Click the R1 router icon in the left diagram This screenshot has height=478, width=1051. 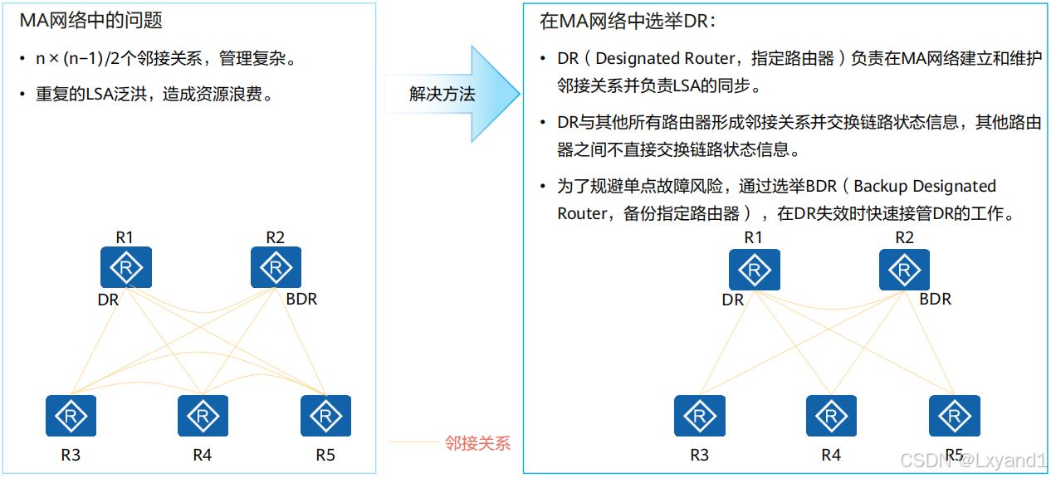[126, 267]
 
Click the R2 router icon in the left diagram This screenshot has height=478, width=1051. [276, 267]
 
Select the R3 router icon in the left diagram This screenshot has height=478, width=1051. [71, 416]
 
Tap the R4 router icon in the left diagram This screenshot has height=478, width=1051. [203, 416]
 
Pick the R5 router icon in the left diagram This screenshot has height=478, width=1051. [325, 416]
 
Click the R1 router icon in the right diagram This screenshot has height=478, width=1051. [755, 270]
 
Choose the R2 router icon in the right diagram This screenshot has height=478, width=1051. [904, 270]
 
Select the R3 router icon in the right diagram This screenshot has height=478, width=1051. [700, 416]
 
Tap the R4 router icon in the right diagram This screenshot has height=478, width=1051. [831, 416]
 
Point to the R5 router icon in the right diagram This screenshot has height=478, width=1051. [955, 416]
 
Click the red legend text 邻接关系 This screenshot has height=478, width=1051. [477, 443]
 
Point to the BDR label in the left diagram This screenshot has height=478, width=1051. [301, 299]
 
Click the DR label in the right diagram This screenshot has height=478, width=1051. [733, 300]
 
